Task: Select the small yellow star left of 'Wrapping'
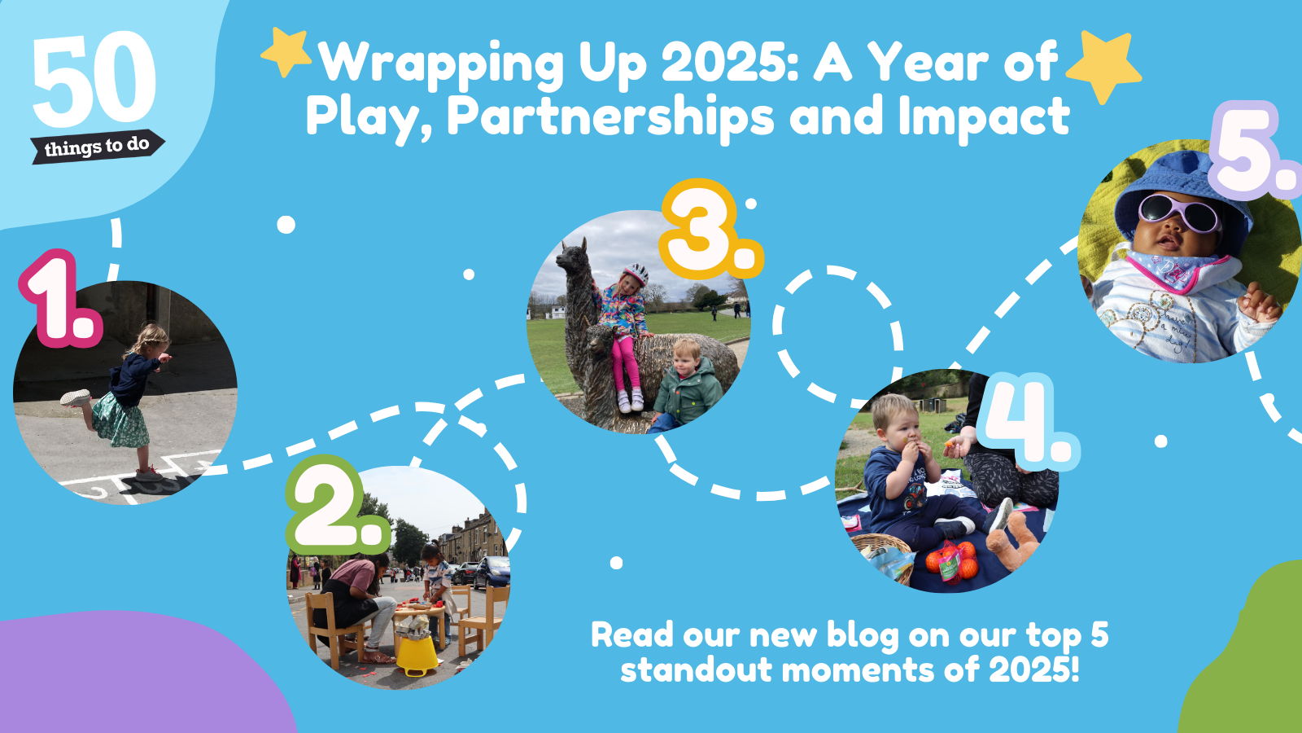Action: coord(286,51)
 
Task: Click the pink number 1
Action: coord(61,298)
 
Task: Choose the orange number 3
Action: coord(711,229)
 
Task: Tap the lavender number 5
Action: coord(1256,150)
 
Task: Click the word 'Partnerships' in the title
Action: coord(610,116)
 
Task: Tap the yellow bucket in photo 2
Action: coord(417,656)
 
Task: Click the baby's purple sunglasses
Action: coord(1179,212)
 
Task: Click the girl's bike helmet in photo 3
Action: coord(636,274)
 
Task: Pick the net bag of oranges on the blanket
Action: coord(951,563)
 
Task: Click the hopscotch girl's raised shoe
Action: coord(76,398)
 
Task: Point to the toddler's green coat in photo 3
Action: coord(688,392)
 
